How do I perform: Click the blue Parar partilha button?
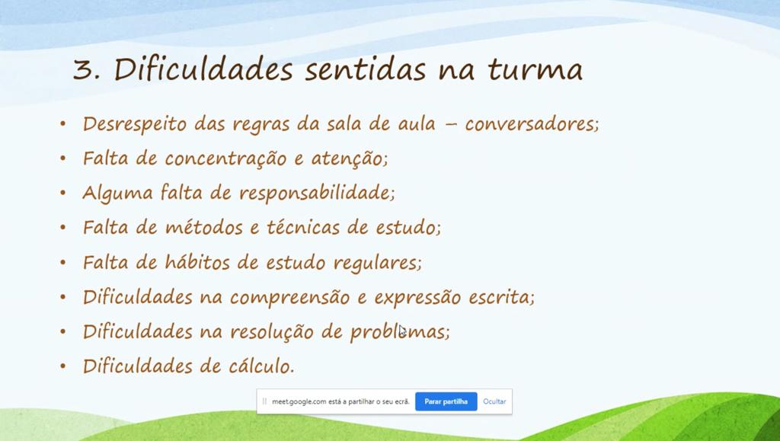point(446,401)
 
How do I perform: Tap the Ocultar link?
point(494,401)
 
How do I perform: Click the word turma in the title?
point(535,69)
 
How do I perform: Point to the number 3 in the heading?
point(83,69)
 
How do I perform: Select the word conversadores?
point(532,124)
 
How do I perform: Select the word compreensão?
point(290,297)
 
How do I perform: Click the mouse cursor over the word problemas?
point(402,331)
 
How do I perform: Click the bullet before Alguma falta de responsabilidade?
point(62,193)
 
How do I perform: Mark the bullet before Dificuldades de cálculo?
point(62,366)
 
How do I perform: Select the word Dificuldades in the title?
point(203,69)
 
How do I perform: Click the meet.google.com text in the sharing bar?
point(340,401)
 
